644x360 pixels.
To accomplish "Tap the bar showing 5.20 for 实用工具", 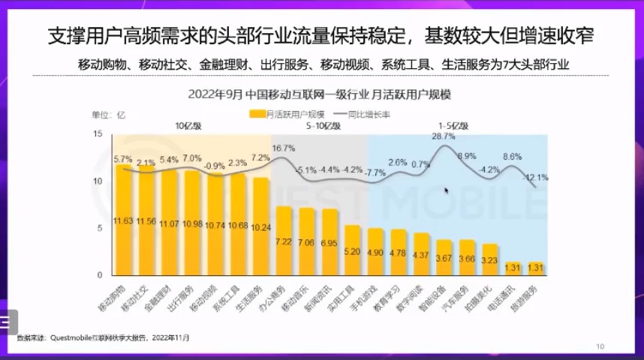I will [353, 251].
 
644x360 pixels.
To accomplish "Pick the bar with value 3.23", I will [490, 259].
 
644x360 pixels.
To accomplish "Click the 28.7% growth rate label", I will [443, 136].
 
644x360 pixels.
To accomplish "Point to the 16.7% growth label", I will [283, 148].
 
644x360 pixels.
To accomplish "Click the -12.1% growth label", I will [536, 178].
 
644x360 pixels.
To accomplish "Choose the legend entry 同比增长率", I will [369, 115].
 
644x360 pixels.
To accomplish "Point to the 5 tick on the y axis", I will [98, 228].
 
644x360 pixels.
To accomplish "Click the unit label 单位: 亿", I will [108, 115].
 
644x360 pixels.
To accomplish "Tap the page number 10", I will [600, 346].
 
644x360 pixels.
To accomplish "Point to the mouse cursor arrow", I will [446, 190].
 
